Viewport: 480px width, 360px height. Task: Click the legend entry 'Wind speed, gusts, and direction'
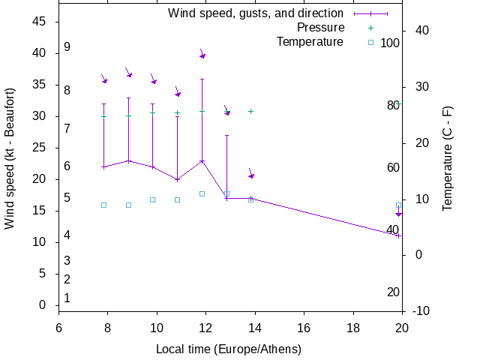click(x=256, y=13)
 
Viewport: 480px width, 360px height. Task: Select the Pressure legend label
click(x=320, y=28)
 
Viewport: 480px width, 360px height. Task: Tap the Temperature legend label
click(x=310, y=41)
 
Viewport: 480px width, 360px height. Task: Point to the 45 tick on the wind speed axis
click(x=40, y=22)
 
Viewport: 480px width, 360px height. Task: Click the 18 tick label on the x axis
click(x=352, y=328)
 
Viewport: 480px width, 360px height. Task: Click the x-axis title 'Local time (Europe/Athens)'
click(x=229, y=349)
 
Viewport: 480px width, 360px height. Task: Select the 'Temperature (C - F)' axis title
click(x=447, y=157)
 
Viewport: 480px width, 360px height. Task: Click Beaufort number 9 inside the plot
click(x=67, y=47)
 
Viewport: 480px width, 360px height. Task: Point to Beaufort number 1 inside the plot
click(x=67, y=298)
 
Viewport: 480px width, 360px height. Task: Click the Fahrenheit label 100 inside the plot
click(x=390, y=43)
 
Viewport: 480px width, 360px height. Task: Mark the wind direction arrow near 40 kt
click(x=202, y=55)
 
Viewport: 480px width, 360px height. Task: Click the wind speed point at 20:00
click(x=399, y=235)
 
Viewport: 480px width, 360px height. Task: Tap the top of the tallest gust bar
click(x=202, y=79)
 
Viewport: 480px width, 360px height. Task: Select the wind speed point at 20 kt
click(x=177, y=179)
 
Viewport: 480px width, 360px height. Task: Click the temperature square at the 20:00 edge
click(x=399, y=205)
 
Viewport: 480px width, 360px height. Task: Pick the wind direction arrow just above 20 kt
click(x=251, y=175)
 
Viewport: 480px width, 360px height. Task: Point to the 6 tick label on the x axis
click(x=58, y=328)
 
